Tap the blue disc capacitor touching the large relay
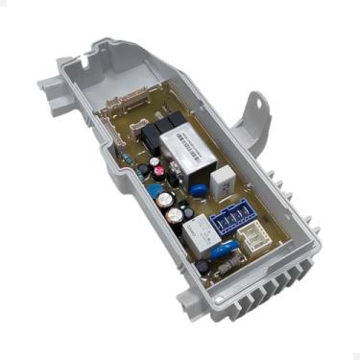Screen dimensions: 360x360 point(199,189)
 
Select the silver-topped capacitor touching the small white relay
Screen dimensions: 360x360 point(175,217)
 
